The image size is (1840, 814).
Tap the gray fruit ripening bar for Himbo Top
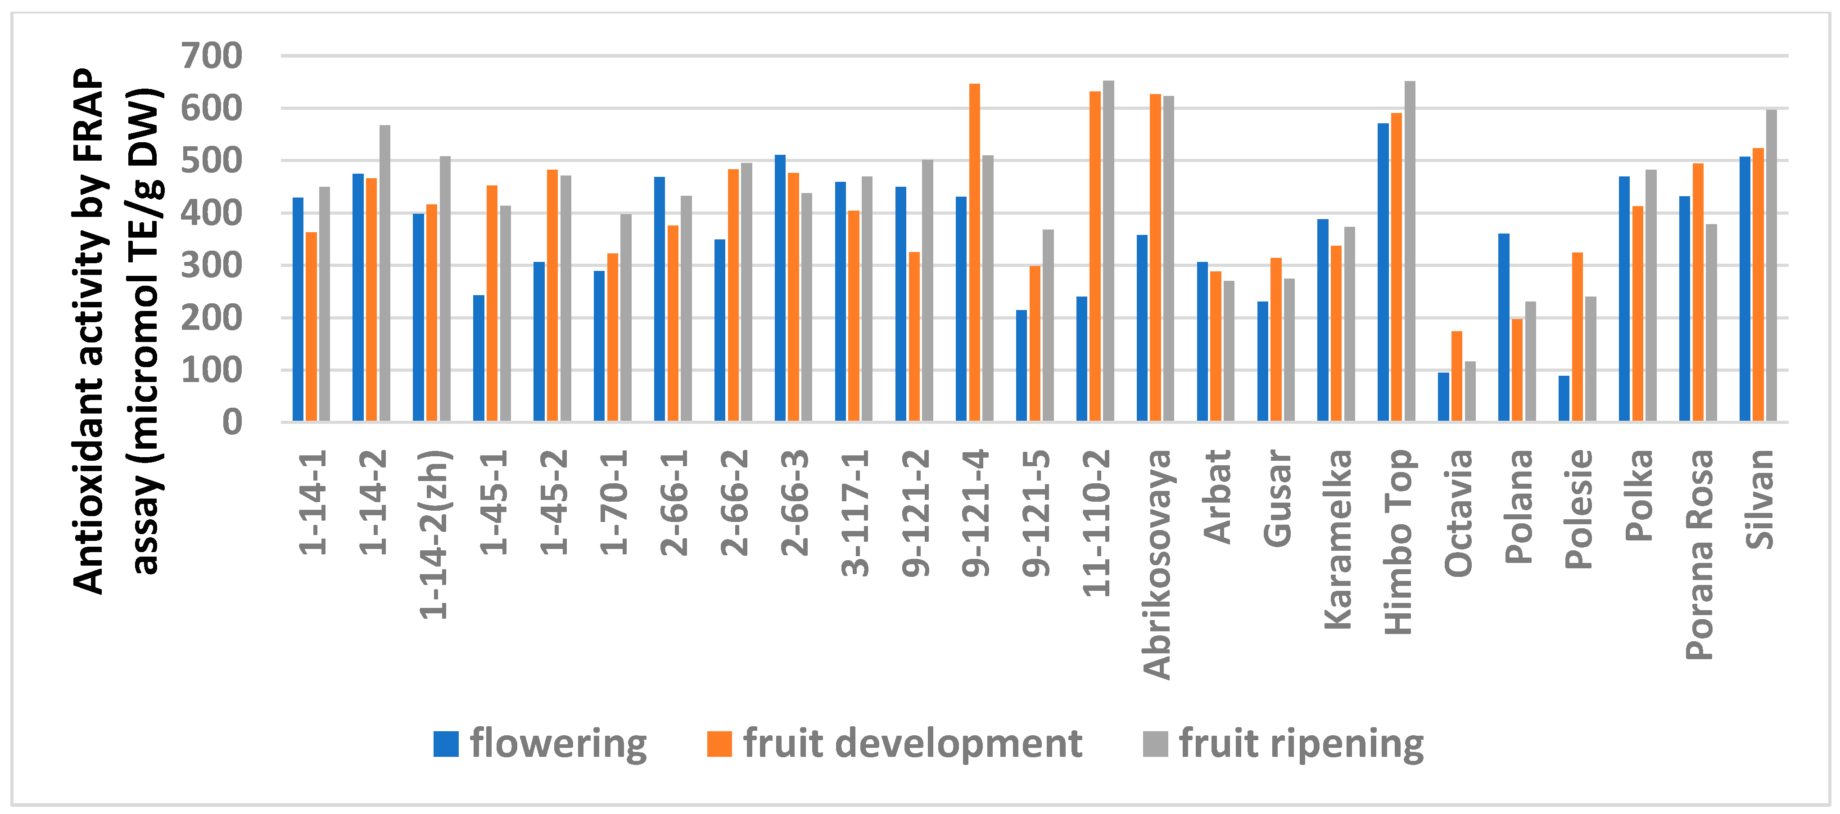pos(1409,252)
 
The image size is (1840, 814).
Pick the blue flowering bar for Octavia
pos(1443,397)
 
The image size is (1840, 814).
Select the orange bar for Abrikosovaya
pos(1155,257)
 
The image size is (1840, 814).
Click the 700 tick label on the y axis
pos(212,56)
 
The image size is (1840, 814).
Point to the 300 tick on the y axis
pos(212,265)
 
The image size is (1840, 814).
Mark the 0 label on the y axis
pos(232,423)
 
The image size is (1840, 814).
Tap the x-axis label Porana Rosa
pos(1699,555)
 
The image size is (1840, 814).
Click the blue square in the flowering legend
pos(446,744)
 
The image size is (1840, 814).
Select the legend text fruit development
pos(912,744)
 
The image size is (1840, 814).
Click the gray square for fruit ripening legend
pos(1155,744)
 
